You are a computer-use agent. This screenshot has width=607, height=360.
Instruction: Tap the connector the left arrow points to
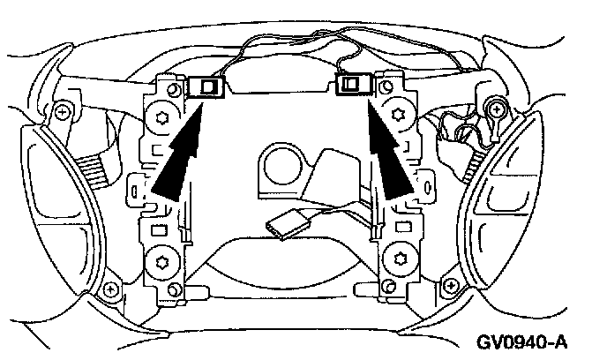tap(208, 86)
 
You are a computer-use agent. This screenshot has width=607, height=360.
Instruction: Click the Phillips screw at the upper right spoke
tap(498, 109)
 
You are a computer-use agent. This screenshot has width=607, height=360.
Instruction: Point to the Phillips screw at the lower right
tap(453, 287)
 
